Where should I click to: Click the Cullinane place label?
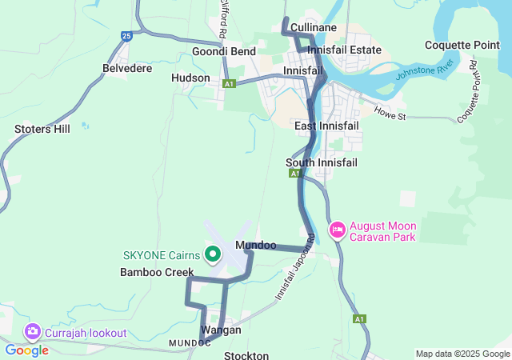313,27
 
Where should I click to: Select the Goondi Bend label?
223,51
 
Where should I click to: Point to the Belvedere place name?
127,69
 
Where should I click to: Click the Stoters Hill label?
42,128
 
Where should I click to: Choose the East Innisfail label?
326,126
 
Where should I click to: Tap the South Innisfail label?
321,162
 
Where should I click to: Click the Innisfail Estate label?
344,50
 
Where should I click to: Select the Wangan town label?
221,330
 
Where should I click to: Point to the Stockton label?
246,354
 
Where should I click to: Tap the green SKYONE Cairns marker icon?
213,255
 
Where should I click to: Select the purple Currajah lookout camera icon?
33,331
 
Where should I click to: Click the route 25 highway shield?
126,35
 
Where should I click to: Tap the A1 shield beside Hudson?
229,83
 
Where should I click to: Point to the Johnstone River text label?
426,70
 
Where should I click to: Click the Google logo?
27,350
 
